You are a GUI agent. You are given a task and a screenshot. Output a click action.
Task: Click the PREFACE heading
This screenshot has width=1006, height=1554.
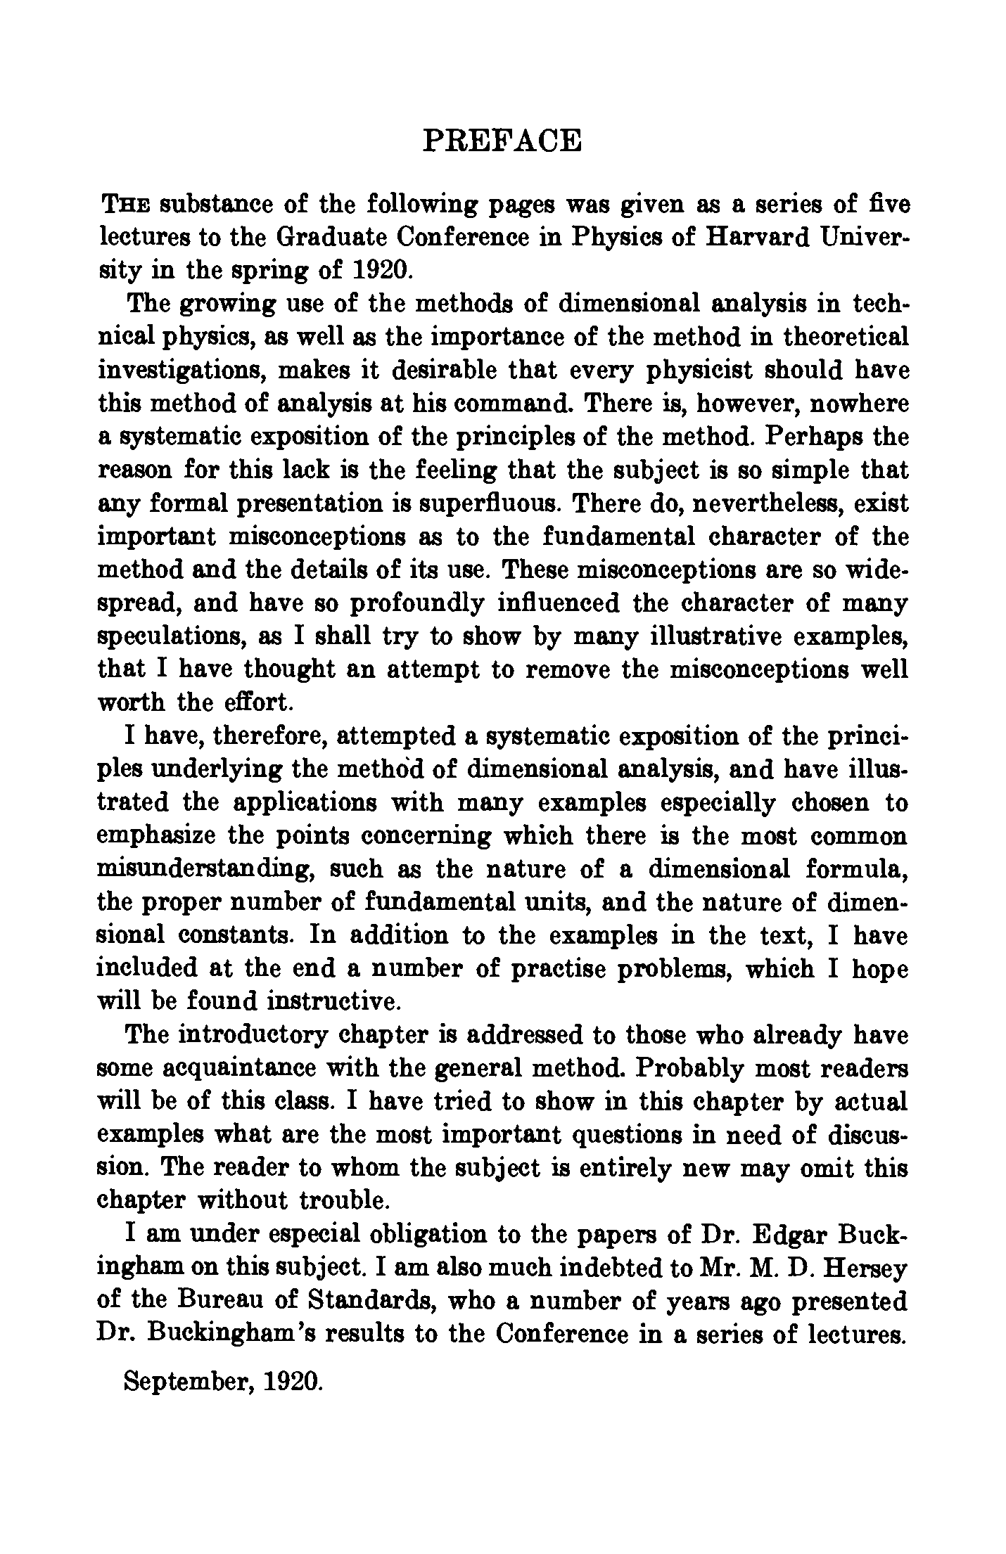(x=503, y=140)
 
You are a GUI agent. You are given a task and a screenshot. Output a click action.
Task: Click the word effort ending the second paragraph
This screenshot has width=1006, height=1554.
(x=252, y=702)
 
